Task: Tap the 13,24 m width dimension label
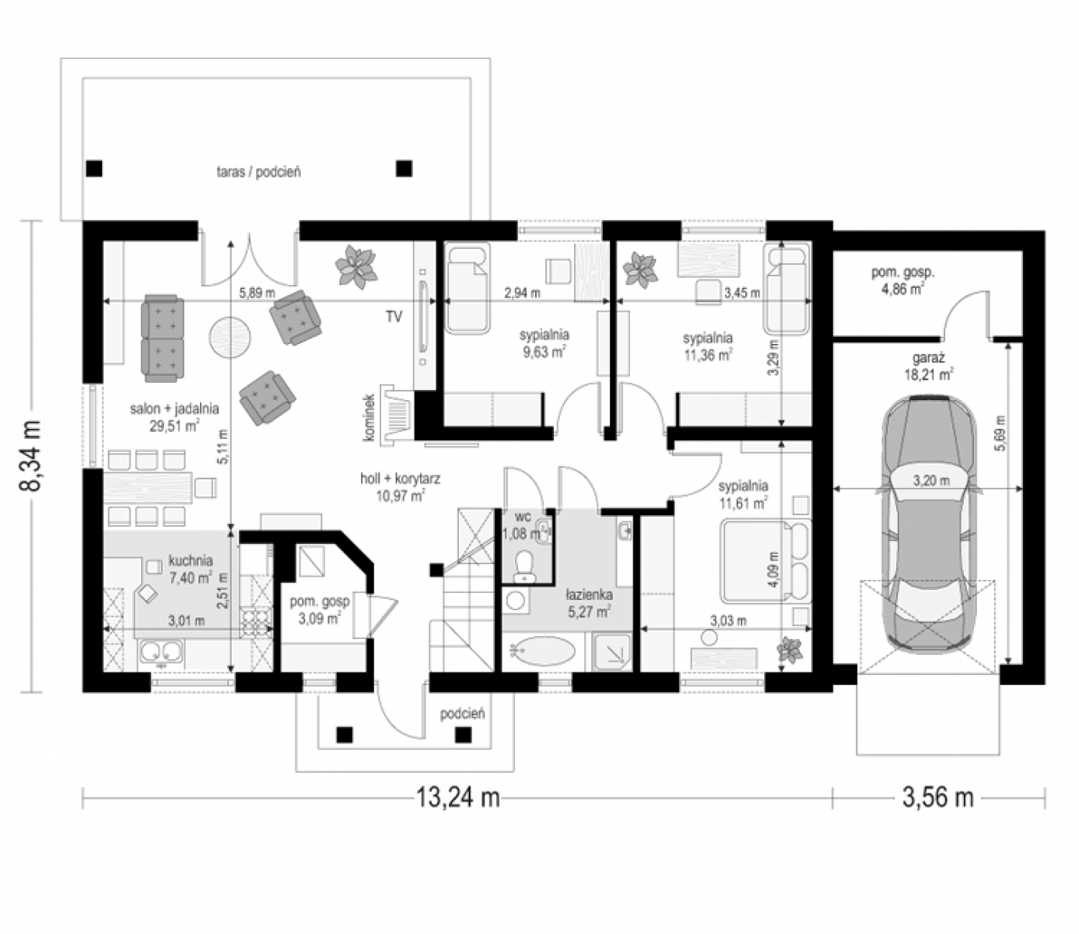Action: pos(457,798)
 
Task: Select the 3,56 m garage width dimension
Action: pos(938,798)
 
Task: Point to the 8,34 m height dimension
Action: pos(30,455)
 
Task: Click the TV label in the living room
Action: pos(394,317)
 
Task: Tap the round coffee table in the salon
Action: pos(229,338)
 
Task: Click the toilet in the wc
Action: pos(523,567)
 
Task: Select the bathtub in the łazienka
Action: pos(542,651)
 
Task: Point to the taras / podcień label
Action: pos(259,172)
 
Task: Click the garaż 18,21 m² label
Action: pos(929,366)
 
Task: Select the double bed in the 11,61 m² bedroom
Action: pos(765,562)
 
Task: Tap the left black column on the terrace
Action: pos(94,168)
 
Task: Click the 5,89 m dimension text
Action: pos(257,293)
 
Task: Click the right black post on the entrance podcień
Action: pos(463,735)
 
